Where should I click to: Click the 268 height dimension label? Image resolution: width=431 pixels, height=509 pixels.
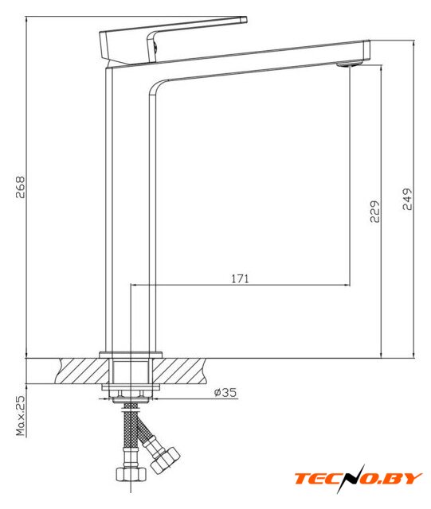point(20,188)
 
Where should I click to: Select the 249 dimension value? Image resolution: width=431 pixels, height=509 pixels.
point(407,199)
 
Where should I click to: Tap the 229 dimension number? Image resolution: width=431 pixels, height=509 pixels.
point(374,212)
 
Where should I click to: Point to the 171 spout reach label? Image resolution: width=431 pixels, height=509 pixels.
point(240,278)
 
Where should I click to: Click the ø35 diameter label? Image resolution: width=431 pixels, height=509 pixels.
point(225,392)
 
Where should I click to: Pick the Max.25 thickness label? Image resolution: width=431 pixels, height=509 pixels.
point(20,416)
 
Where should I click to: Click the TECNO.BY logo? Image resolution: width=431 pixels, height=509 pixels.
point(359,479)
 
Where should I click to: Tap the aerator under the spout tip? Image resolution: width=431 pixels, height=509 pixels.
point(350,64)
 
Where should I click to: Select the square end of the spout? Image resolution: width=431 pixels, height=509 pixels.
point(366,50)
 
